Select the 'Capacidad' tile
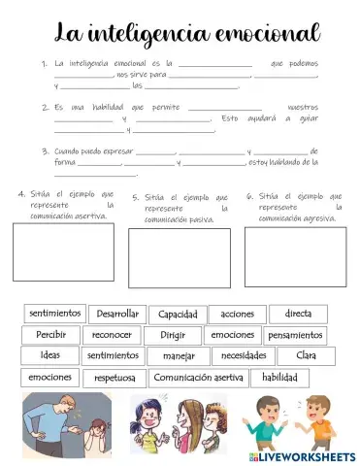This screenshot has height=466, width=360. pyautogui.click(x=179, y=315)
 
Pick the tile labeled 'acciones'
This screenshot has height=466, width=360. pyautogui.click(x=237, y=315)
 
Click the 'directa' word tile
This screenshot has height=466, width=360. pyautogui.click(x=298, y=315)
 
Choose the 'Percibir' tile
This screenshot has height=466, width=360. pyautogui.click(x=51, y=336)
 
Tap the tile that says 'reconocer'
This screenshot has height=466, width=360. pyautogui.click(x=112, y=336)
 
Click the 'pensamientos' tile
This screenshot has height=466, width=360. pyautogui.click(x=295, y=336)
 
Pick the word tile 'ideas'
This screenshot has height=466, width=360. pyautogui.click(x=50, y=356)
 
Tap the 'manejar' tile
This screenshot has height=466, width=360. pyautogui.click(x=179, y=356)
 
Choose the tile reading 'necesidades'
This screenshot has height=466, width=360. pyautogui.click(x=244, y=356)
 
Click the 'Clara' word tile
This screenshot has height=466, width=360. pyautogui.click(x=306, y=356)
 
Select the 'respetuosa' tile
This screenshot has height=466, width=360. pyautogui.click(x=115, y=378)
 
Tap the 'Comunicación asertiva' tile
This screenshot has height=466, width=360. pyautogui.click(x=199, y=378)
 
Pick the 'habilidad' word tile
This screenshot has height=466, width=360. pyautogui.click(x=279, y=378)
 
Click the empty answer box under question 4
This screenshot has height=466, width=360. pyautogui.click(x=63, y=252)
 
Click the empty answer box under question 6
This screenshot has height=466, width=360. pyautogui.click(x=281, y=256)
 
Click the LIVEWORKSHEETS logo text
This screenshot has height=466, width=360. pyautogui.click(x=309, y=455)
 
